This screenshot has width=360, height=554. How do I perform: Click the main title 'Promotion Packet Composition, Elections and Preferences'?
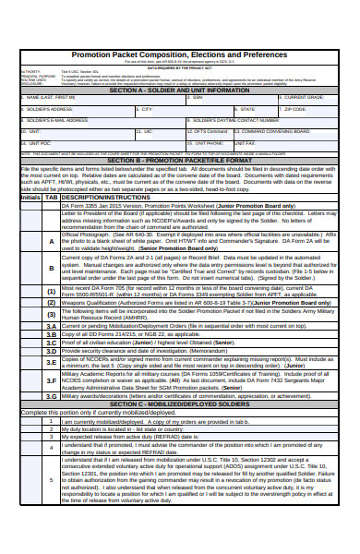click(x=179, y=55)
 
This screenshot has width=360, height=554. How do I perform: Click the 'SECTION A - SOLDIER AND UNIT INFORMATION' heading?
click(x=179, y=90)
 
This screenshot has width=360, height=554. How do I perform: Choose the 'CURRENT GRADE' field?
click(x=305, y=100)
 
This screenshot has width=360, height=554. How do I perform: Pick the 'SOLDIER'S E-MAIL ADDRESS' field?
click(x=102, y=123)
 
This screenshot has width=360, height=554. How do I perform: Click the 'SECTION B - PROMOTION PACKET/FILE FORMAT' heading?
click(x=179, y=160)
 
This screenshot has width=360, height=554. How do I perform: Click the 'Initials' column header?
click(x=30, y=198)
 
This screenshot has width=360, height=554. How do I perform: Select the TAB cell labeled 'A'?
click(x=52, y=242)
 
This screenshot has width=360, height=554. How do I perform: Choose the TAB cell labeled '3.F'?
click(x=52, y=380)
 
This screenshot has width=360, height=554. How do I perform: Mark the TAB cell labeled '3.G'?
click(x=52, y=396)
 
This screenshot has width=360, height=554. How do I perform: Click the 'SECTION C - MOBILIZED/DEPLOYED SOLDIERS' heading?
click(x=179, y=404)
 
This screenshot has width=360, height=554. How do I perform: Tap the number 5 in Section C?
click(x=52, y=480)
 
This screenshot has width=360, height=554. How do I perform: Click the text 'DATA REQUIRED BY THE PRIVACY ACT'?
click(x=179, y=67)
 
